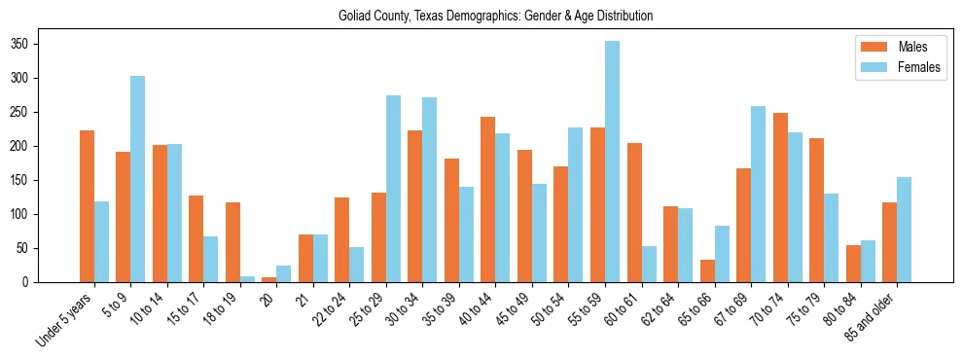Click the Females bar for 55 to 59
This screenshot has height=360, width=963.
tap(612, 162)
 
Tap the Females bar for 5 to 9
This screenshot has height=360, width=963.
tap(138, 179)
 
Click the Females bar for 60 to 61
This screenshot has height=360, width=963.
tap(649, 264)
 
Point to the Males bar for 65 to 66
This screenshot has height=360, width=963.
tap(707, 270)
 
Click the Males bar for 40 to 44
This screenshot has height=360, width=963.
tap(488, 199)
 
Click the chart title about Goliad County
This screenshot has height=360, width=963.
tap(495, 17)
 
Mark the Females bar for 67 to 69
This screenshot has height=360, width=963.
tap(758, 195)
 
